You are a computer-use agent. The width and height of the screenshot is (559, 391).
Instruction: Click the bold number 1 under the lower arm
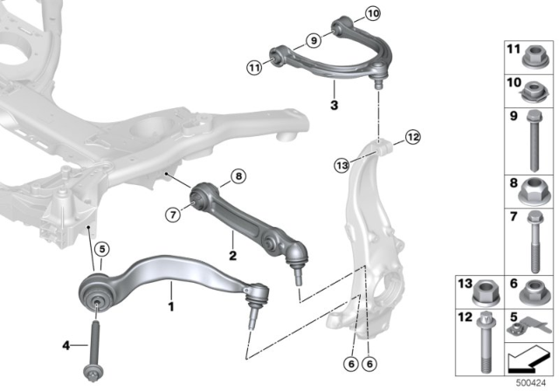pos(171,306)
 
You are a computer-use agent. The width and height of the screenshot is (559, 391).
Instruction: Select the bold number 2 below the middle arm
pos(232,257)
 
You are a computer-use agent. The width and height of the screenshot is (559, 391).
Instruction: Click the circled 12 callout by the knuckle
pos(412,136)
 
